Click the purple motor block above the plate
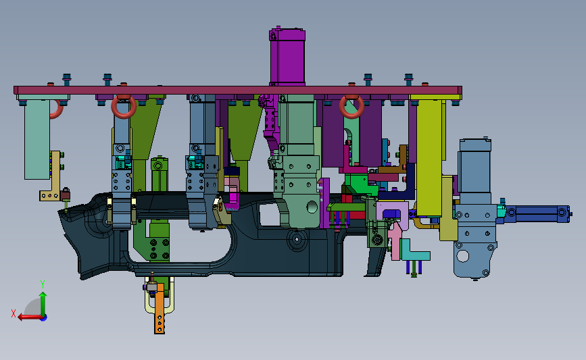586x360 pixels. pyautogui.click(x=287, y=57)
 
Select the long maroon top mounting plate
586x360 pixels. pyautogui.click(x=238, y=91)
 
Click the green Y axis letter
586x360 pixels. pyautogui.click(x=43, y=284)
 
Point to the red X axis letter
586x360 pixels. pyautogui.click(x=14, y=313)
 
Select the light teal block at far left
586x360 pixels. pyautogui.click(x=37, y=139)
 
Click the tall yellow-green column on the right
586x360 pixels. pyautogui.click(x=429, y=157)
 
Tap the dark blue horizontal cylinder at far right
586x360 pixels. pyautogui.click(x=537, y=214)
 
